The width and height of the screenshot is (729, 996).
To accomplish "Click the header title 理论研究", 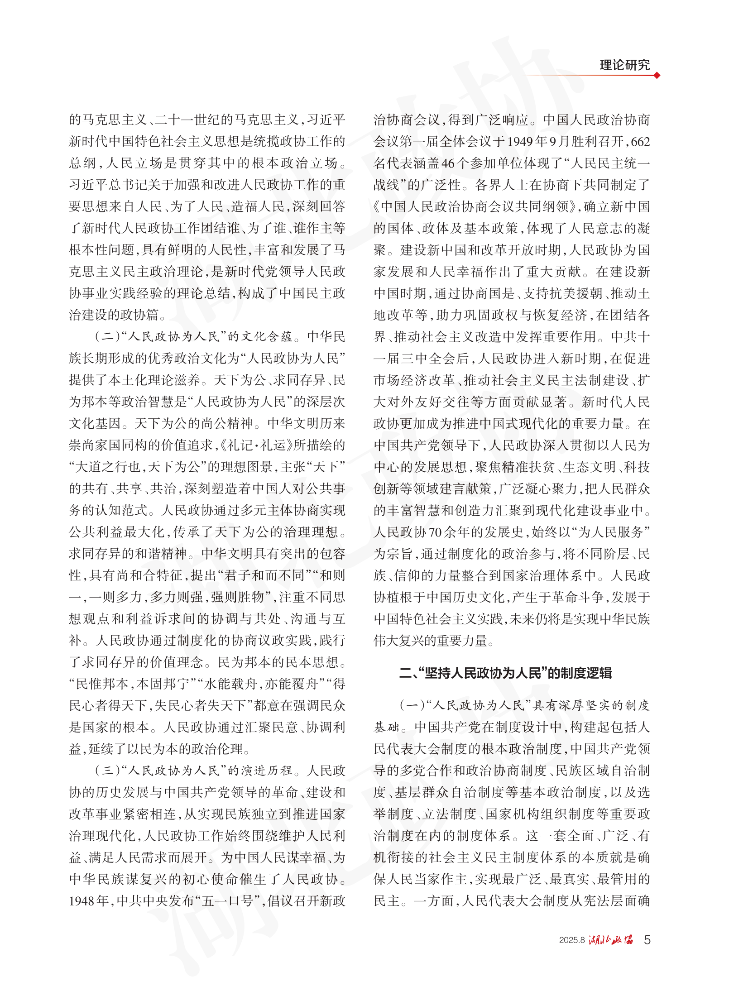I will pyautogui.click(x=624, y=65).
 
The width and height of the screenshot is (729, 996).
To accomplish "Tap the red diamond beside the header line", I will pyautogui.click(x=657, y=76).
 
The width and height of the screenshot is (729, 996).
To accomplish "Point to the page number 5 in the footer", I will pyautogui.click(x=647, y=940).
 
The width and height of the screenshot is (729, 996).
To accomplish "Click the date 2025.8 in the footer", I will pyautogui.click(x=572, y=940).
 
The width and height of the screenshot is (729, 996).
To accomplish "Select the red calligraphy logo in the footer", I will pyautogui.click(x=611, y=940).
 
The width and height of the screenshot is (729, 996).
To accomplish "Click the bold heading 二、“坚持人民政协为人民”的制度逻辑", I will pyautogui.click(x=505, y=673).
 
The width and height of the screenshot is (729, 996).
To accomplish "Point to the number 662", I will pyautogui.click(x=640, y=142).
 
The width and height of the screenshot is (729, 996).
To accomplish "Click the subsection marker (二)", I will pyautogui.click(x=106, y=336).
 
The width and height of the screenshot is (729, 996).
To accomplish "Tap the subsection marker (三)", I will pyautogui.click(x=106, y=771).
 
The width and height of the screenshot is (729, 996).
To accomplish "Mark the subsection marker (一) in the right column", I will pyautogui.click(x=411, y=705).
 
